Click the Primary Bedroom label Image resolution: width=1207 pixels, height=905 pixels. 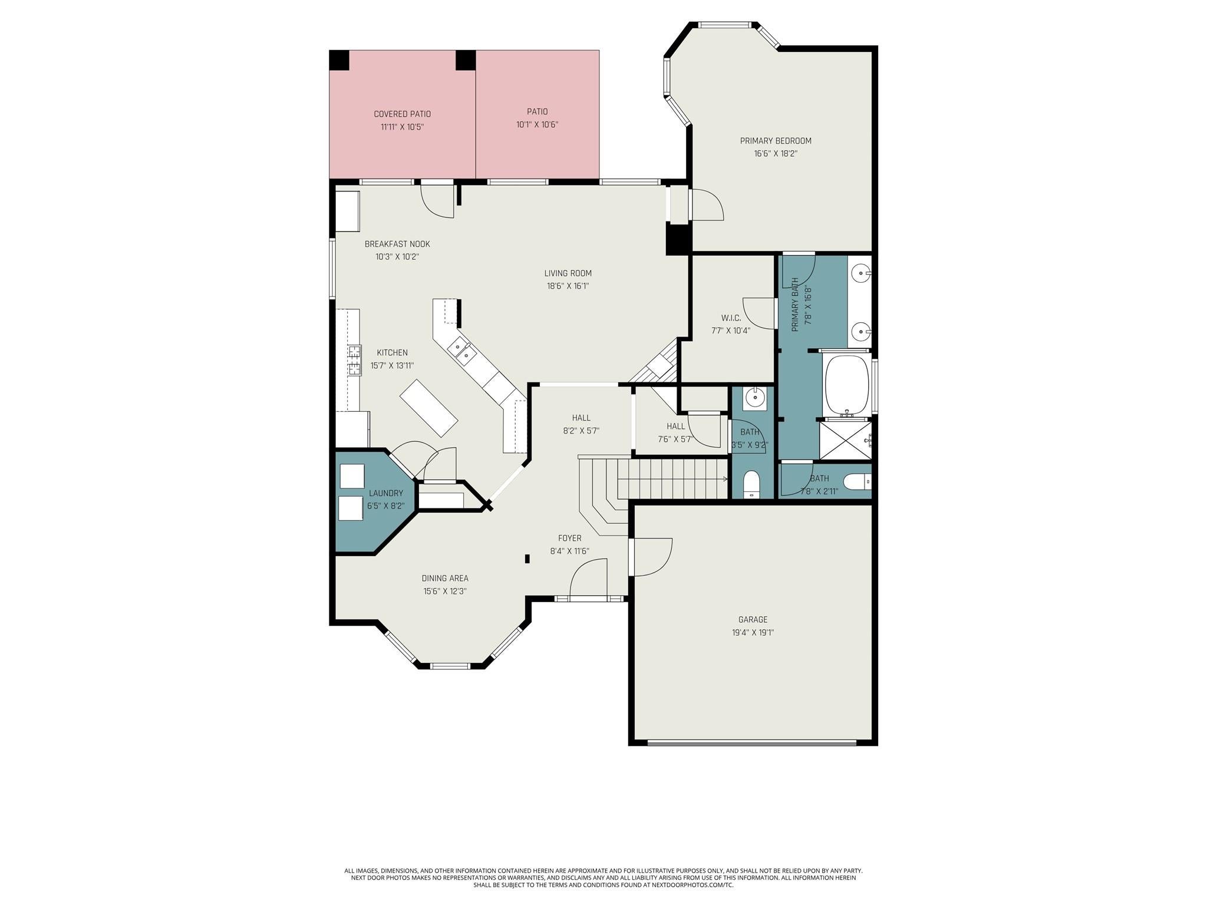[x=776, y=141]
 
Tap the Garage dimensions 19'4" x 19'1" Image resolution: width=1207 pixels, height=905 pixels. [x=753, y=633]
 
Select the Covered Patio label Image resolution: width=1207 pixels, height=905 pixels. [x=402, y=114]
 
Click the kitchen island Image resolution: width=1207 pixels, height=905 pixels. [x=429, y=408]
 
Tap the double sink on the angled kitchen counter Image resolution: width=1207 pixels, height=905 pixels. [x=462, y=351]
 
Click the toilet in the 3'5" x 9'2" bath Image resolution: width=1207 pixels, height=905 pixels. [x=751, y=484]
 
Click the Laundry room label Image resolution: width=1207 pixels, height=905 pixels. [x=386, y=493]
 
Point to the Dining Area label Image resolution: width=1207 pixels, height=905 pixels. [x=445, y=579]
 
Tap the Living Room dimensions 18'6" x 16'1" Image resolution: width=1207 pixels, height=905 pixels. [x=568, y=286]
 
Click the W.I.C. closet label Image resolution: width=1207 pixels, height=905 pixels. [x=731, y=318]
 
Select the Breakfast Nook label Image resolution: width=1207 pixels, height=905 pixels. [x=397, y=244]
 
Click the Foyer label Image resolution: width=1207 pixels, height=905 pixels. [x=570, y=538]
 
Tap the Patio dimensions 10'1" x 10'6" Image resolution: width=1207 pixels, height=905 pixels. [x=537, y=125]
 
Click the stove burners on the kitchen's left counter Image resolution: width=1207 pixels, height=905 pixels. [x=354, y=360]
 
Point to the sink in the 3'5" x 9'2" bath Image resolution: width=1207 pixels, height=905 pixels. [x=754, y=398]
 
